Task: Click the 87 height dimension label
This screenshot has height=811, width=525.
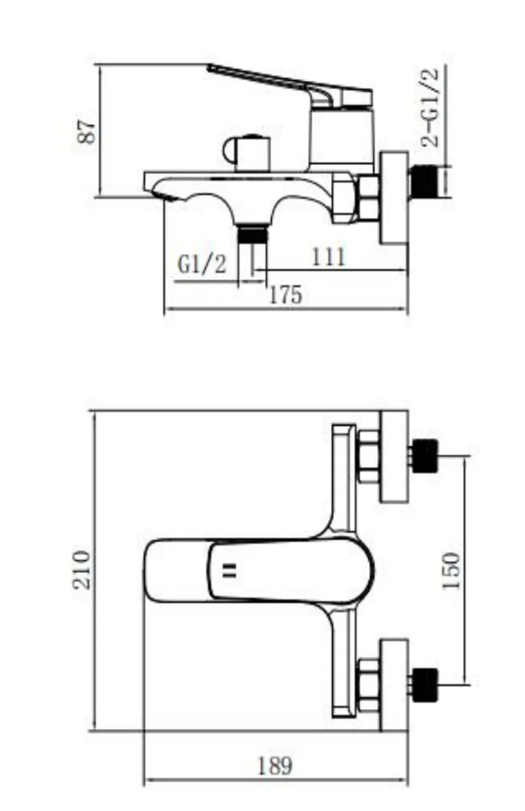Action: (88, 132)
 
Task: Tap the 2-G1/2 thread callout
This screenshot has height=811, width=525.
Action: (430, 107)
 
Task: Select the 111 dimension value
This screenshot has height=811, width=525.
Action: (328, 257)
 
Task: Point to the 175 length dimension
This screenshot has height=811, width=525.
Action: (286, 295)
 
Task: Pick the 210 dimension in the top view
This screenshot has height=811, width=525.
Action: (82, 570)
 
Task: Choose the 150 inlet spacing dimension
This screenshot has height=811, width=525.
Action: (451, 571)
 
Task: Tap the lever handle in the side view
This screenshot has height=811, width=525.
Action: (290, 87)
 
